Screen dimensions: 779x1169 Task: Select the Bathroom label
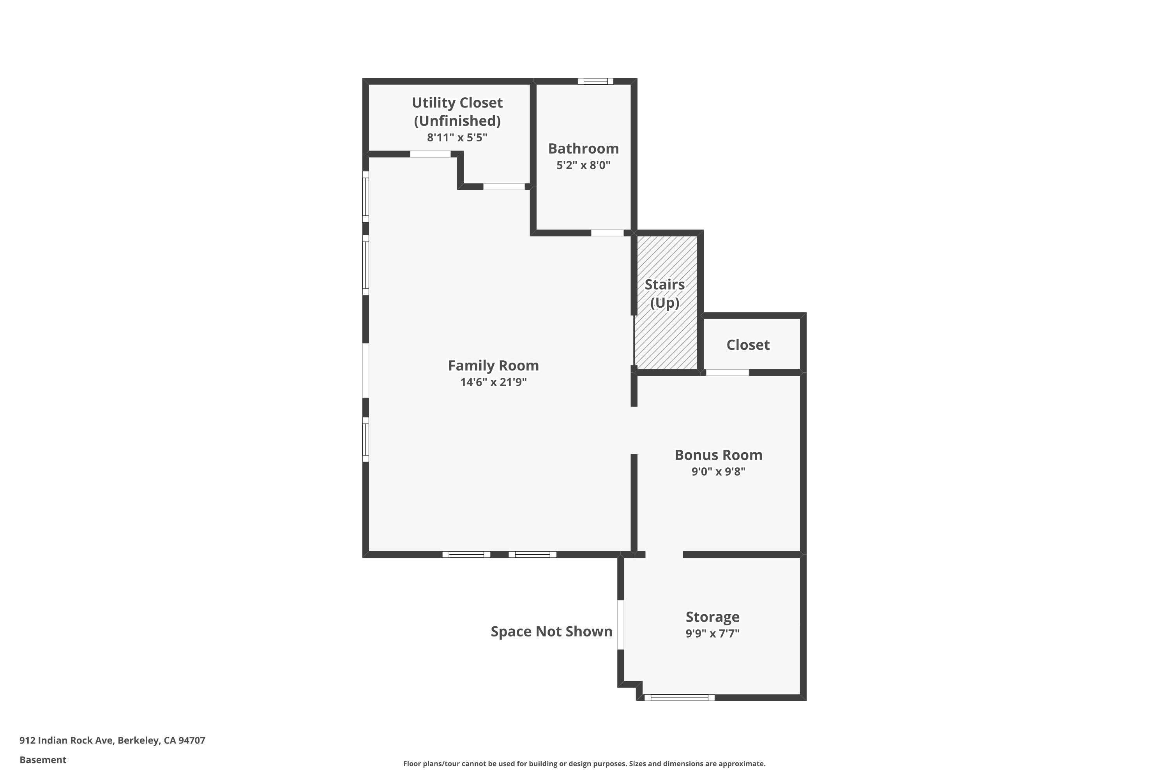(x=583, y=148)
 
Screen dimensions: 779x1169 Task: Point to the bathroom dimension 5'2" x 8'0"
(x=583, y=165)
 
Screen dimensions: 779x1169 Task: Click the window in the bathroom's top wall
(x=595, y=81)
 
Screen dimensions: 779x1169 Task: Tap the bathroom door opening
(x=607, y=233)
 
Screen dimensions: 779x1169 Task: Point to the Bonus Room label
(x=718, y=455)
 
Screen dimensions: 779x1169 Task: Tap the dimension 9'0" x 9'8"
(x=718, y=471)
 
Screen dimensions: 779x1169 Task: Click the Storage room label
(x=712, y=617)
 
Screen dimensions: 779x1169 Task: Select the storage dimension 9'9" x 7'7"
(x=712, y=633)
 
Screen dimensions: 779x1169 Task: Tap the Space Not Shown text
(x=551, y=631)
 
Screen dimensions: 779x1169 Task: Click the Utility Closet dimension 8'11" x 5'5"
(x=457, y=137)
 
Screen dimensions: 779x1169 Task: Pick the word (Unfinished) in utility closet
(x=457, y=121)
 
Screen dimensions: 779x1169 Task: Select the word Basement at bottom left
(x=43, y=760)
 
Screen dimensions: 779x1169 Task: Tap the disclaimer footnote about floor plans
(x=584, y=763)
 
